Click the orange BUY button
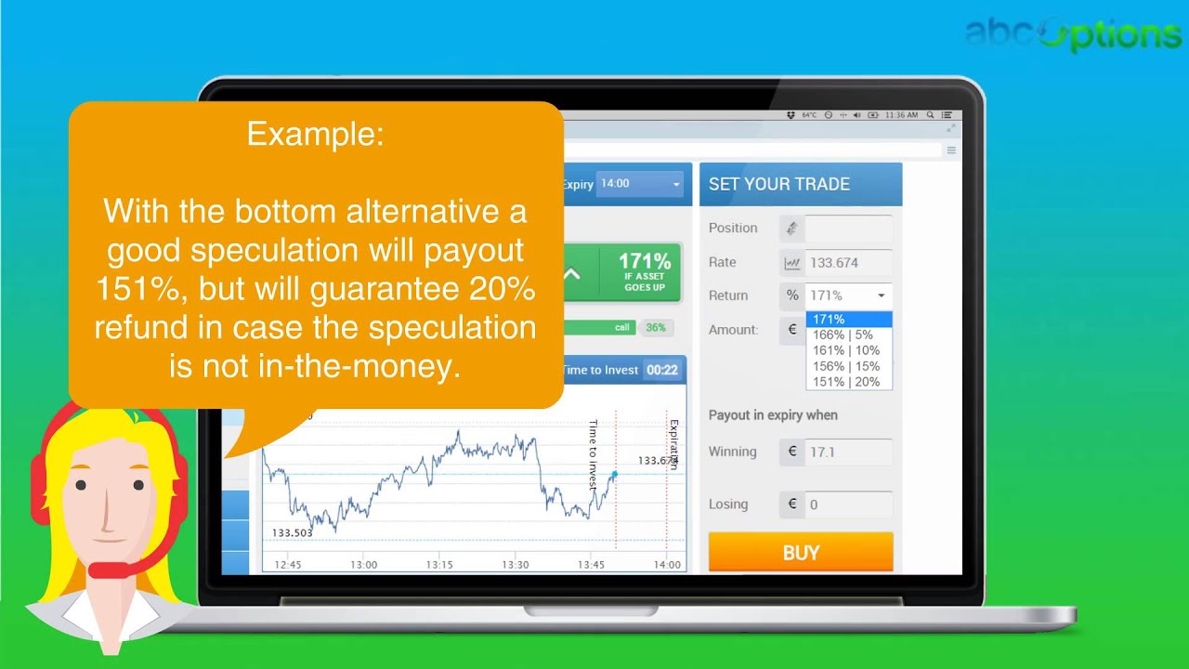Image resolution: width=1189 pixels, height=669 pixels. click(x=800, y=553)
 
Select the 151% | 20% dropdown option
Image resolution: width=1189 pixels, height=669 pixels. click(x=846, y=382)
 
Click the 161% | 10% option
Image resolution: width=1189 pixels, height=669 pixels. click(x=845, y=350)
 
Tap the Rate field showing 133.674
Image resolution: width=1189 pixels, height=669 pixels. click(x=847, y=263)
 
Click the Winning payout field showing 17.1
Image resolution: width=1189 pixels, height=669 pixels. click(x=847, y=453)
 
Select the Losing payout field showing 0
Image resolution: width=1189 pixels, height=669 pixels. click(x=847, y=505)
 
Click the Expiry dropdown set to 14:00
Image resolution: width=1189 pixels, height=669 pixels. click(x=642, y=184)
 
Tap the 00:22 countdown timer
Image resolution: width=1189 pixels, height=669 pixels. click(x=662, y=370)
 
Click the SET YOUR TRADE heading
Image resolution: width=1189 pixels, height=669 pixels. click(x=779, y=184)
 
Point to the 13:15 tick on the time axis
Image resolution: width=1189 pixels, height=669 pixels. click(x=439, y=565)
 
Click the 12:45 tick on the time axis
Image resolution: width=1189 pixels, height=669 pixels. click(x=288, y=565)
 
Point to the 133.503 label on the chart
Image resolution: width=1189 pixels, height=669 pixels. click(x=293, y=532)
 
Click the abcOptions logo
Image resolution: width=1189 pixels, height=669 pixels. click(x=1073, y=34)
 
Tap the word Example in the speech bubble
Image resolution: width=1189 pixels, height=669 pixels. click(x=315, y=135)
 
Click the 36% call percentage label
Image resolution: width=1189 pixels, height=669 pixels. click(x=656, y=327)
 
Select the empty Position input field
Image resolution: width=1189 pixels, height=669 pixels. click(x=847, y=229)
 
